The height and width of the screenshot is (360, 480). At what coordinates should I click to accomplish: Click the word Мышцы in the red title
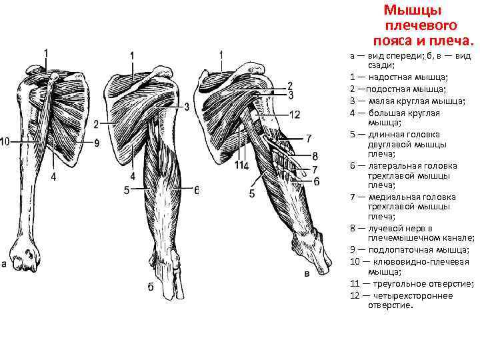tap(413, 10)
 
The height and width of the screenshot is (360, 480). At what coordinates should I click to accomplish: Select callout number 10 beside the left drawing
tap(5, 142)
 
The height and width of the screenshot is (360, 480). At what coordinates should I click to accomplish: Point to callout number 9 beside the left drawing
tap(97, 143)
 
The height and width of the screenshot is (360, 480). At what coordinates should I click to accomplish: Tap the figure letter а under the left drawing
tap(4, 264)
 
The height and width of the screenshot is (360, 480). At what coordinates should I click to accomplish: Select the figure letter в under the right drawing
tap(306, 273)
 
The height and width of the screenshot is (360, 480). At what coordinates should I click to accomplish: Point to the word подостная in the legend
tap(387, 89)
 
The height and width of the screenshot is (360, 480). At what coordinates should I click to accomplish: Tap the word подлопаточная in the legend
tap(399, 249)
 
